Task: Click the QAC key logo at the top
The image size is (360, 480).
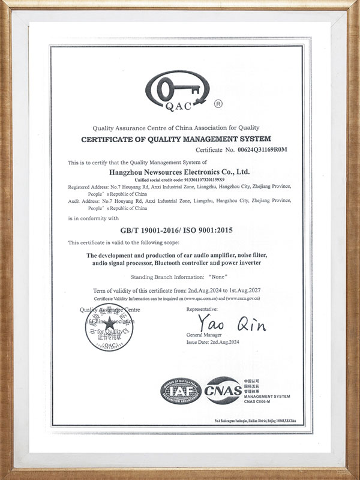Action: (x=174, y=93)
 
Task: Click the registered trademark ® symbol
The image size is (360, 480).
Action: (x=218, y=104)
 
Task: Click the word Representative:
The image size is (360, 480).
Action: (x=205, y=308)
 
